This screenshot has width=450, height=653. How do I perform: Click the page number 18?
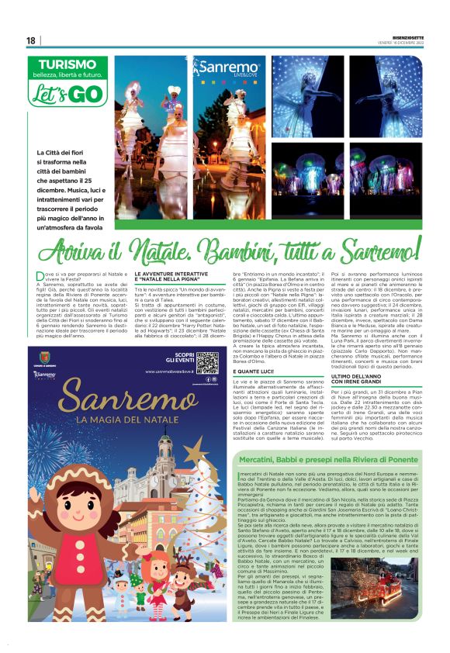tap(31, 40)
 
